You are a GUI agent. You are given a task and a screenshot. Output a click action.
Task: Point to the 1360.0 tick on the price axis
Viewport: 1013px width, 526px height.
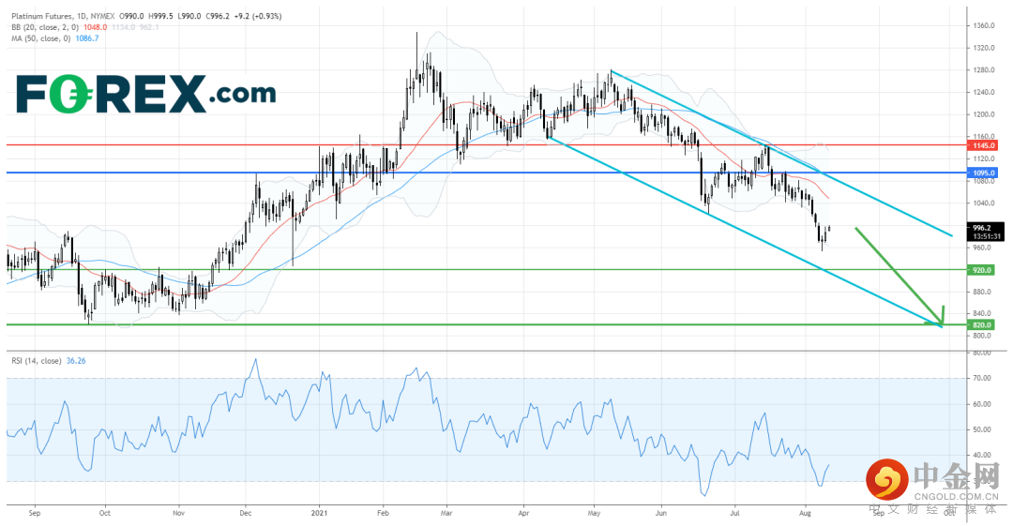click(984, 25)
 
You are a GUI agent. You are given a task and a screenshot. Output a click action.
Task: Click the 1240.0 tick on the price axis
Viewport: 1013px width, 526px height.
click(984, 92)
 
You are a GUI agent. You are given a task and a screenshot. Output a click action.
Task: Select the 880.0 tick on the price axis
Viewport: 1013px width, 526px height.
click(984, 292)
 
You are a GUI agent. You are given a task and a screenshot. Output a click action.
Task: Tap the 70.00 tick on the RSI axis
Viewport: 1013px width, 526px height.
click(982, 379)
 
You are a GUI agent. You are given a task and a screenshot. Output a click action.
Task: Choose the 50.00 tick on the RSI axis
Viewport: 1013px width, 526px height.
click(982, 430)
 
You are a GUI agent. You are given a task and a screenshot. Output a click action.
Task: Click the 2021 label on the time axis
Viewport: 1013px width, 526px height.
click(320, 514)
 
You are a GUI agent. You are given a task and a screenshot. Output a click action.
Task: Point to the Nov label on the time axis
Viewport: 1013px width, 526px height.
click(178, 514)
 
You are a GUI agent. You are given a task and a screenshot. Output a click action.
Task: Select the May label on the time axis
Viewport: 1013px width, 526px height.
click(594, 514)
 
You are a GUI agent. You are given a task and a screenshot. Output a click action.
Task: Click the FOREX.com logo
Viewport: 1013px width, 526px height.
click(146, 94)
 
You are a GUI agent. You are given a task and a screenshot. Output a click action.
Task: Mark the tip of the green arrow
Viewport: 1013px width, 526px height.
click(941, 325)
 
